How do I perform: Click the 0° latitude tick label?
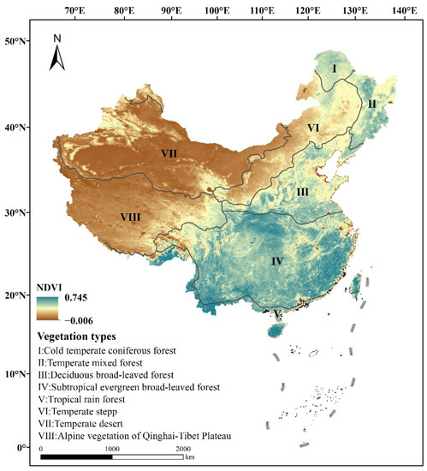[x=19, y=446]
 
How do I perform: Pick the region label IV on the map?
[x=276, y=259]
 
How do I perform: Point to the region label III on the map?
[x=302, y=192]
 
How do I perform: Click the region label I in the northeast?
[x=335, y=67]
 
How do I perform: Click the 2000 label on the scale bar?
[x=183, y=449]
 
